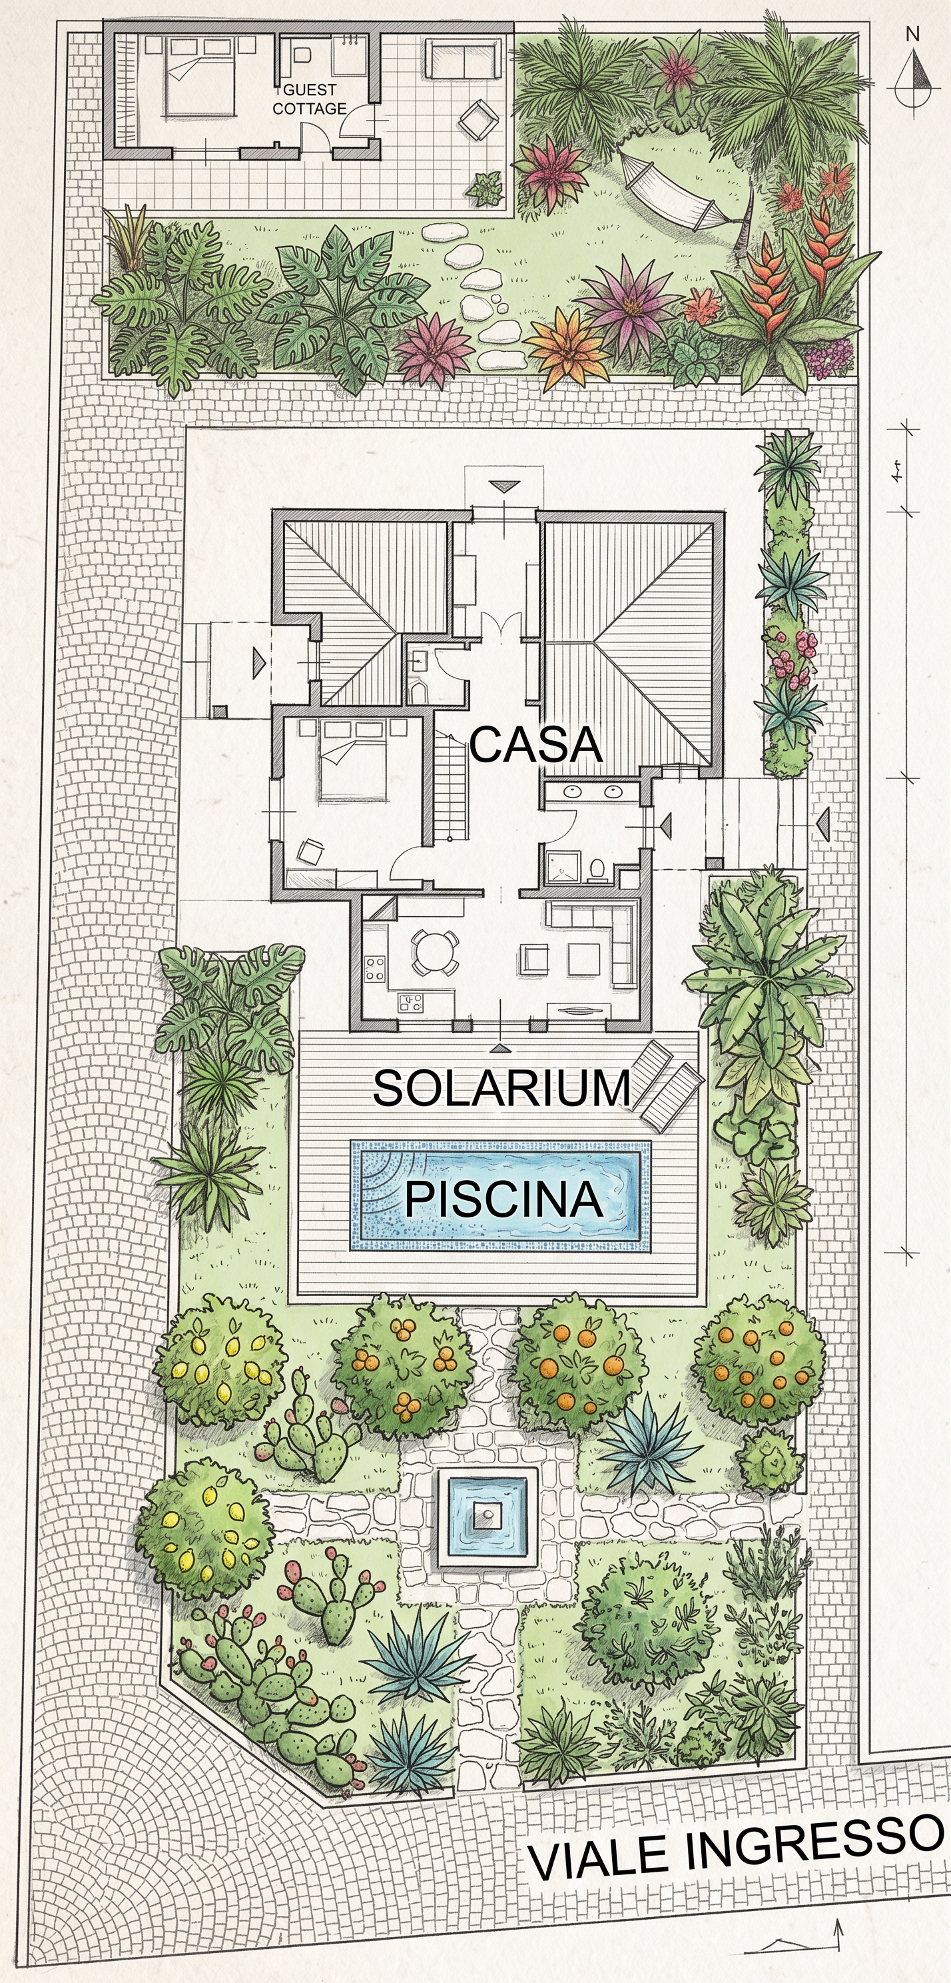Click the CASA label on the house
click(x=535, y=744)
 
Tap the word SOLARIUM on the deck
click(x=501, y=1087)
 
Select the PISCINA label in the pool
click(x=503, y=1199)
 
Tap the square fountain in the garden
click(x=487, y=1516)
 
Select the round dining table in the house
click(x=435, y=952)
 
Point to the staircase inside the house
click(x=452, y=787)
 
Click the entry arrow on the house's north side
click(x=504, y=486)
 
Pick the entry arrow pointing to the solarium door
click(x=501, y=1048)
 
